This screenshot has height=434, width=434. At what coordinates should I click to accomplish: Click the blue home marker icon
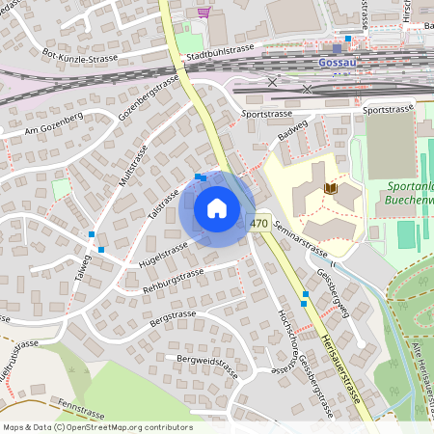[x=217, y=208]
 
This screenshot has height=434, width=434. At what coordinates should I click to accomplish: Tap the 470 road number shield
[x=258, y=223]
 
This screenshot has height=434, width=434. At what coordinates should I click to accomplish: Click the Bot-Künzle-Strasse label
[x=79, y=57]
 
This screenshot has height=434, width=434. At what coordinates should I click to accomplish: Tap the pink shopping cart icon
[x=203, y=12]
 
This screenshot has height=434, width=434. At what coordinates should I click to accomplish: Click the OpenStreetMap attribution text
[x=97, y=427]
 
